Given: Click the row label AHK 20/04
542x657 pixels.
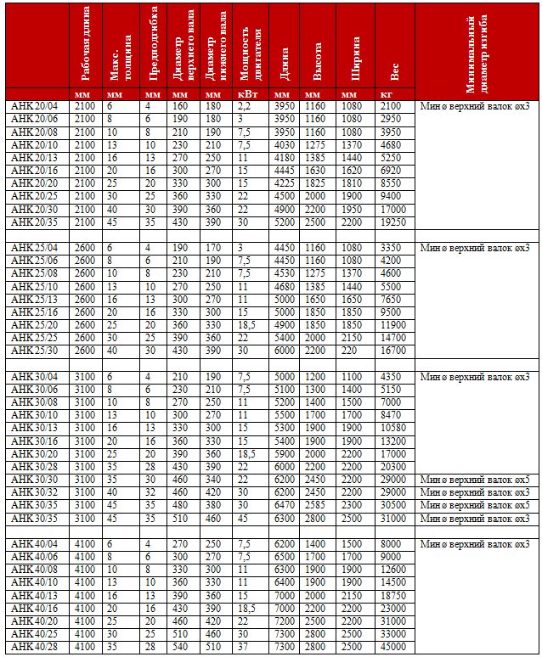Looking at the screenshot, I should pos(34,106).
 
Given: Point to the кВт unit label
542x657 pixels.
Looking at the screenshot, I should pos(246,93).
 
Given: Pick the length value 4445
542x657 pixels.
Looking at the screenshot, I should pos(286,171).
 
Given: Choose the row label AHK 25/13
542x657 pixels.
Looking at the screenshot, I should pos(34,300).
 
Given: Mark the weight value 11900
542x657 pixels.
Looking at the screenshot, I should pos(393,325).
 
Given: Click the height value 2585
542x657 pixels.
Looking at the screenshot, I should pos(315,505).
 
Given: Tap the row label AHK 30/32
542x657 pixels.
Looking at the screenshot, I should pos(34,492).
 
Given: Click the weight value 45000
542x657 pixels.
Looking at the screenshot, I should pos(393,647).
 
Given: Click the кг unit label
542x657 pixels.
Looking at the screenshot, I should pos(387,93).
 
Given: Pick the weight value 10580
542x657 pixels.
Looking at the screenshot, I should pos(393,428).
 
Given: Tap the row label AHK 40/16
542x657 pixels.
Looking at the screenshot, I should pos(34,608).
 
